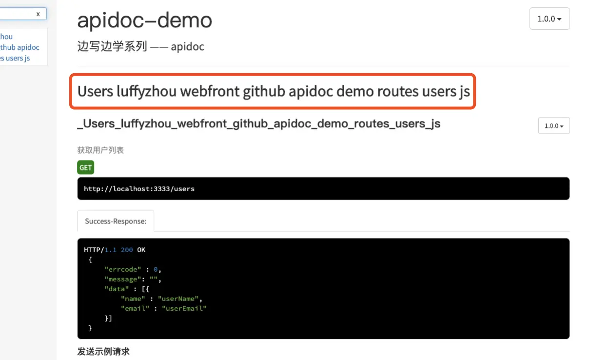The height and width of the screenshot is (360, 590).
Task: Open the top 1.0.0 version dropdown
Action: click(x=549, y=19)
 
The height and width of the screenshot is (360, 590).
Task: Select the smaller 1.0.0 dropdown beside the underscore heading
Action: click(x=553, y=126)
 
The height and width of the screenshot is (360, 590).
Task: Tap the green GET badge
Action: click(x=85, y=167)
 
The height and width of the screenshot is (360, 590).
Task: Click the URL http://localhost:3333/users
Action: click(x=139, y=189)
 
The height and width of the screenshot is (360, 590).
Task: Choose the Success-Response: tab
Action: click(x=116, y=221)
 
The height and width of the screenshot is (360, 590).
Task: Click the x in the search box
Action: click(x=38, y=14)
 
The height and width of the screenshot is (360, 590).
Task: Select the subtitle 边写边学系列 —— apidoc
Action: click(x=140, y=47)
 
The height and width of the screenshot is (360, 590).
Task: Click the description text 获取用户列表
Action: click(x=100, y=150)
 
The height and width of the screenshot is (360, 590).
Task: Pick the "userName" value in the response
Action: click(x=178, y=299)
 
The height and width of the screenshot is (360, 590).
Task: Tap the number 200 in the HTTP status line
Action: click(x=127, y=250)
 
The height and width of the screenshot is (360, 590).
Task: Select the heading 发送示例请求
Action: click(x=103, y=351)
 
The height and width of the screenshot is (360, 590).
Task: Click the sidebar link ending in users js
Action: click(x=15, y=58)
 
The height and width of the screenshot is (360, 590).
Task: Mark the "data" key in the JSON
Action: click(x=116, y=289)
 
